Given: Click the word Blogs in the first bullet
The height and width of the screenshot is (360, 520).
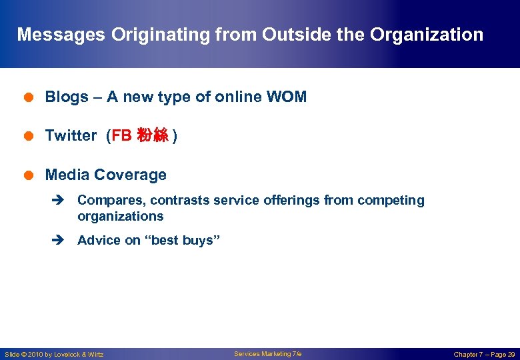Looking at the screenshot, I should click(x=67, y=97).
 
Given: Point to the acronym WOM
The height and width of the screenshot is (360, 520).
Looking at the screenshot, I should click(x=287, y=97).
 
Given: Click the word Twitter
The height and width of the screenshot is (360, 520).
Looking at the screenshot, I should click(x=71, y=136).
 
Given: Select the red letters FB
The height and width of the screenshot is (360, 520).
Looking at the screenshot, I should click(x=122, y=136).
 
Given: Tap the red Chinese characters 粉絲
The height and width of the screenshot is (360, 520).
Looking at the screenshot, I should click(x=152, y=136).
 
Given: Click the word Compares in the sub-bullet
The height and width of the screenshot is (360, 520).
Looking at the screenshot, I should click(x=106, y=201).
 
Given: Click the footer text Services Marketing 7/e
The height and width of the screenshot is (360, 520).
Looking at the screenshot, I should click(x=267, y=354).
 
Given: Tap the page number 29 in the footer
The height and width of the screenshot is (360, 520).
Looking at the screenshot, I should click(x=511, y=355).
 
